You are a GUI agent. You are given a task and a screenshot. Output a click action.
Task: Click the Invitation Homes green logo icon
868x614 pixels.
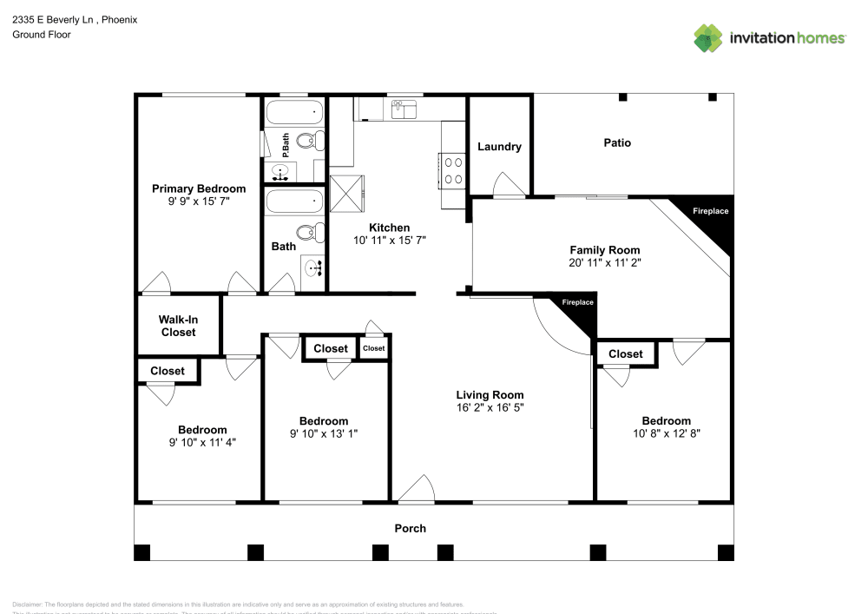tap(708, 37)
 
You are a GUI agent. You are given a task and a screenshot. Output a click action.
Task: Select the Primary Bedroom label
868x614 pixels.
tap(199, 188)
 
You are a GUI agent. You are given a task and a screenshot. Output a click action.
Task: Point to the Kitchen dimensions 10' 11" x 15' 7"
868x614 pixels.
tap(389, 240)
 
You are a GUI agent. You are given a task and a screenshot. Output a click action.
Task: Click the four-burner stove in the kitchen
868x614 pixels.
tap(454, 169)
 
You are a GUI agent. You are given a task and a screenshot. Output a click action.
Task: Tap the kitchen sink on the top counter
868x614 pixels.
tap(403, 108)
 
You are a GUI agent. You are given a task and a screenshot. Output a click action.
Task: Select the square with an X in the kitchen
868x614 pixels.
tap(347, 193)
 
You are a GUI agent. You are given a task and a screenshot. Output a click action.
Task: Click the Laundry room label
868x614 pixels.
tap(499, 147)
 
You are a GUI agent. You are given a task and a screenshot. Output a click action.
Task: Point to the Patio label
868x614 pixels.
tap(617, 142)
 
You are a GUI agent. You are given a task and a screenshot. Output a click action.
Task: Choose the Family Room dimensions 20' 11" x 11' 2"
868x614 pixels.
tap(605, 261)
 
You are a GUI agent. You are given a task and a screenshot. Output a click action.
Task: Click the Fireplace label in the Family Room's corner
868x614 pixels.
tap(710, 211)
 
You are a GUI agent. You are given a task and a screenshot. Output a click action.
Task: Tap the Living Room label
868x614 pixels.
tap(490, 395)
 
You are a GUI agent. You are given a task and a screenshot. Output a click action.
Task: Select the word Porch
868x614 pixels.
tap(411, 528)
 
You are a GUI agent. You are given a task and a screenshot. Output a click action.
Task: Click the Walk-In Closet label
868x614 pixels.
tap(177, 326)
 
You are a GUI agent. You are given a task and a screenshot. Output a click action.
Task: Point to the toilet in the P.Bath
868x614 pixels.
tap(306, 141)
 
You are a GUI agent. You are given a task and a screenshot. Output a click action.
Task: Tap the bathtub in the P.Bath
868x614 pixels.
tap(294, 112)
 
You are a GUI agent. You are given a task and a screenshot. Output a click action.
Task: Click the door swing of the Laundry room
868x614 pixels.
tap(505, 185)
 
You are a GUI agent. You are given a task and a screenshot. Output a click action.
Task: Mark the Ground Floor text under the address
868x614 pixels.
tap(42, 35)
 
